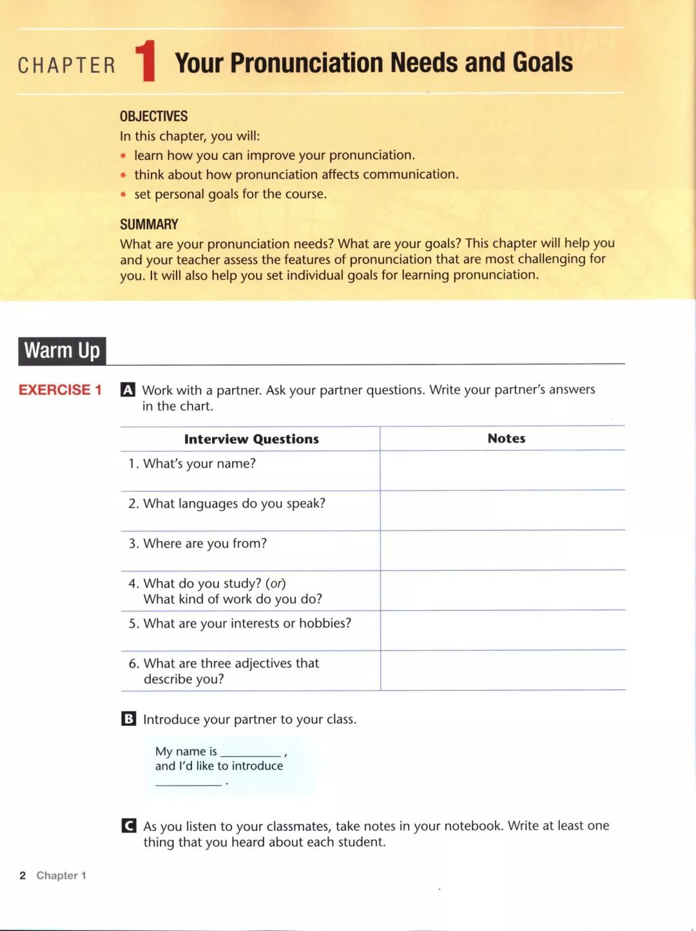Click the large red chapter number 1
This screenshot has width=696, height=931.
[x=147, y=62]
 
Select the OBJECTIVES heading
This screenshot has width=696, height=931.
[x=153, y=116]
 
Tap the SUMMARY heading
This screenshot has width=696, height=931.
[x=149, y=225]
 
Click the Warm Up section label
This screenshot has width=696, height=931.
[x=62, y=351]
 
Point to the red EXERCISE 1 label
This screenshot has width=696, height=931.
[x=60, y=390]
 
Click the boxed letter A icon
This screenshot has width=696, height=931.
[x=128, y=390]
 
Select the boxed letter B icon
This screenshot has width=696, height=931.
[x=128, y=719]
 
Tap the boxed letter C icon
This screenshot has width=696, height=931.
[x=128, y=826]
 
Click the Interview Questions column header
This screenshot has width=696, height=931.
[x=251, y=439]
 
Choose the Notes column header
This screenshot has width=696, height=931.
[x=507, y=439]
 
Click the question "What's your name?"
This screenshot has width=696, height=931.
[x=199, y=464]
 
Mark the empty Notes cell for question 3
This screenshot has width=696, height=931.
[x=503, y=550]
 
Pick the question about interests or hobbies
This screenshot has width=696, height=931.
[x=247, y=623]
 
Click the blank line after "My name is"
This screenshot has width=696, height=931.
[x=250, y=752]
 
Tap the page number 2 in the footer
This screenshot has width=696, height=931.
[x=23, y=876]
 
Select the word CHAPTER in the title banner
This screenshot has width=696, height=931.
[x=66, y=66]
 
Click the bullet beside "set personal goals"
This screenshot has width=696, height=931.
[x=123, y=194]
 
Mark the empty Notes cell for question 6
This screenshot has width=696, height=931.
[x=503, y=671]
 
